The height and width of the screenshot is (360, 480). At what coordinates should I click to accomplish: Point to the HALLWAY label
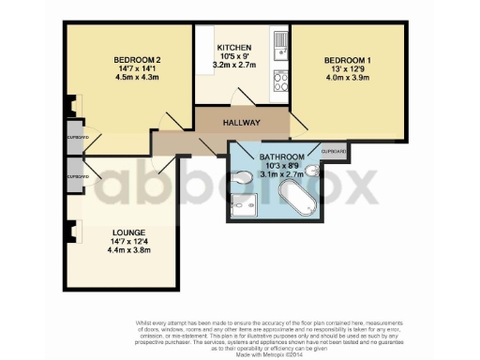click(x=241, y=124)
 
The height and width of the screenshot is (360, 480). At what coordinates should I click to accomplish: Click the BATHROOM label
click(x=282, y=156)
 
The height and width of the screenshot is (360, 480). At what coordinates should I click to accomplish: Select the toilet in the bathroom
click(x=243, y=177)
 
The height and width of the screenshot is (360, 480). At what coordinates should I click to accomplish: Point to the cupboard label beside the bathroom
click(x=335, y=152)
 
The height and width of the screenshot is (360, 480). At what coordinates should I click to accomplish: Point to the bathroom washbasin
click(x=313, y=171)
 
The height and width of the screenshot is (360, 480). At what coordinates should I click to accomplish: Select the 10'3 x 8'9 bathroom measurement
click(x=282, y=165)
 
